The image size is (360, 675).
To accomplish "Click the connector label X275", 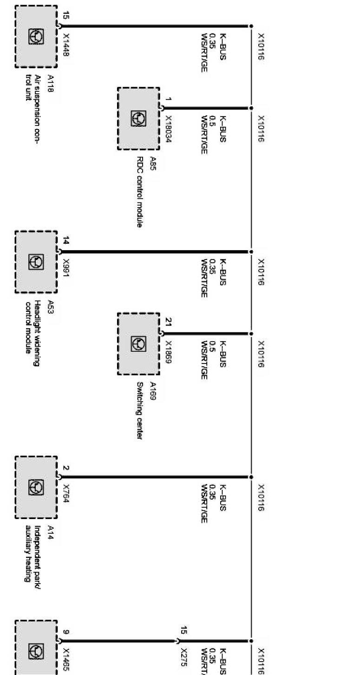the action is (x=183, y=657).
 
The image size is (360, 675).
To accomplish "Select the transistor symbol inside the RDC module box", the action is (x=138, y=118).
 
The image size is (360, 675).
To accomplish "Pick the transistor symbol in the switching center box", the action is (x=138, y=344).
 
